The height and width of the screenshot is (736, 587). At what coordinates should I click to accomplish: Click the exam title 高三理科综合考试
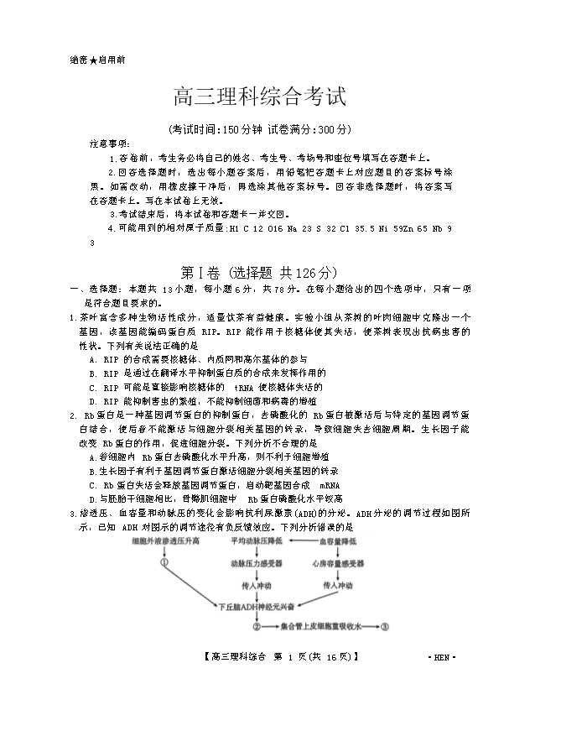tap(259, 97)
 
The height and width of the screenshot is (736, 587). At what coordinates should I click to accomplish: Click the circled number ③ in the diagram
tap(385, 626)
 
